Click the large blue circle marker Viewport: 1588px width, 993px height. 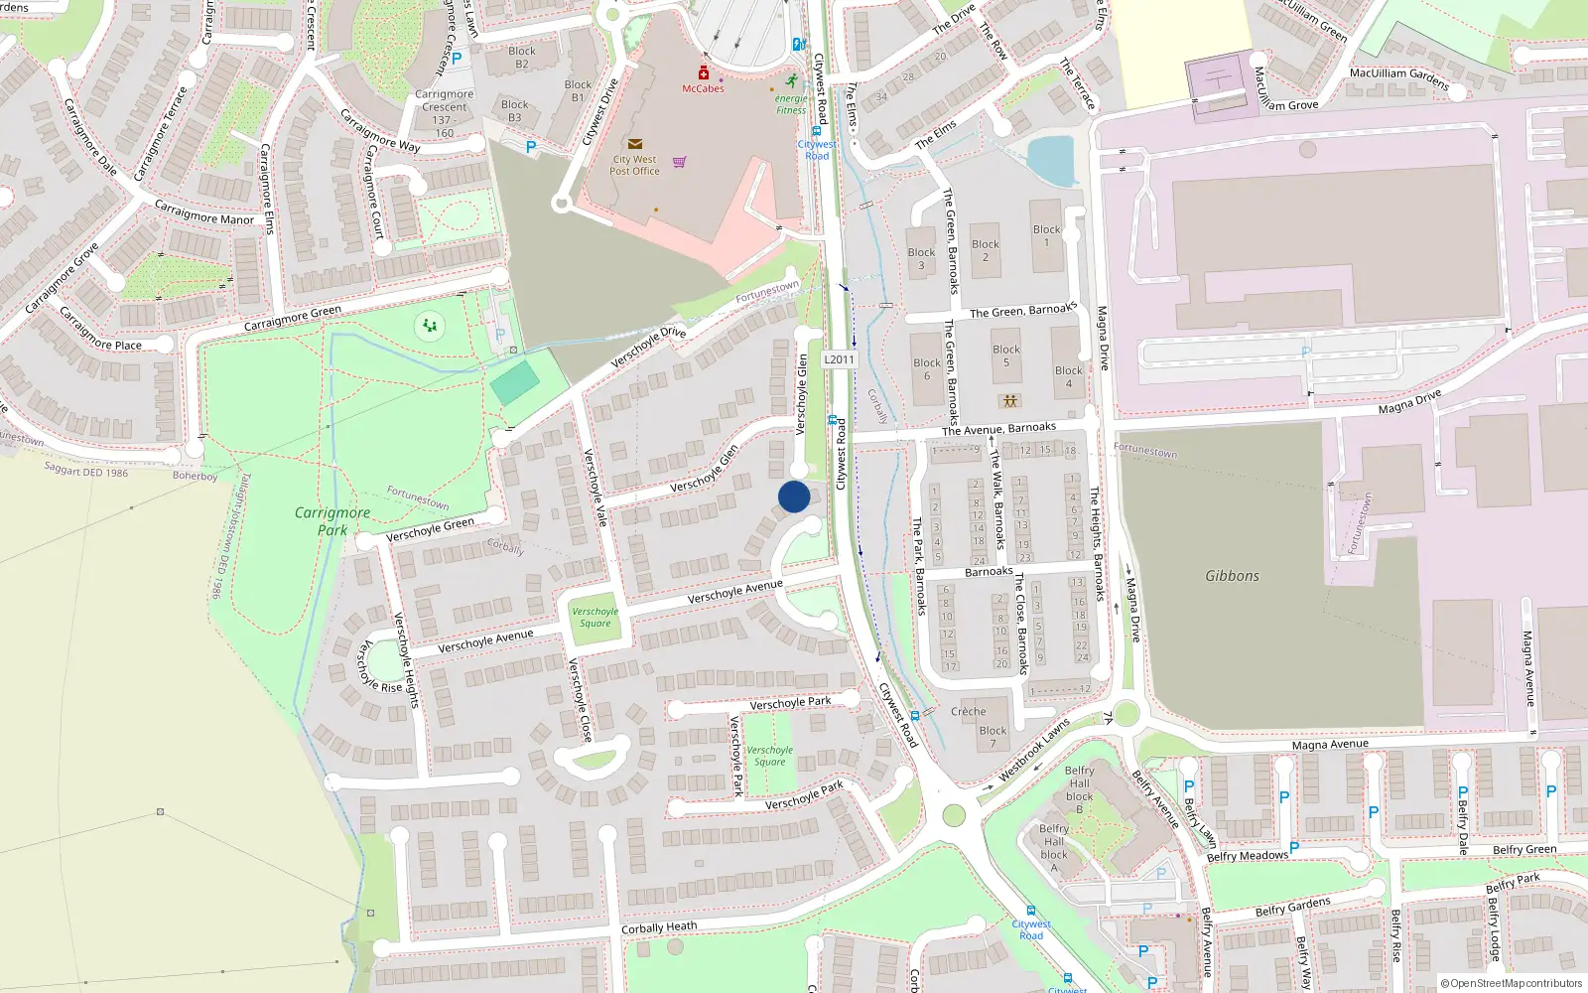pos(794,496)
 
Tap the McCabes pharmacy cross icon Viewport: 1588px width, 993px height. pos(703,73)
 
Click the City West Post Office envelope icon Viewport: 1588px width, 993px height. pos(635,145)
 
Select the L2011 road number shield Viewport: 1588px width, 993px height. pos(839,359)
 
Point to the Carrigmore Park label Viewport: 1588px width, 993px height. pos(332,520)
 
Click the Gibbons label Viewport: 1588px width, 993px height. pos(1232,576)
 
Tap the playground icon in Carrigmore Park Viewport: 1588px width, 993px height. pos(430,325)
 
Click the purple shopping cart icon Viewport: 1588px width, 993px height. pos(680,162)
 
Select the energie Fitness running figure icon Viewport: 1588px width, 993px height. pos(791,80)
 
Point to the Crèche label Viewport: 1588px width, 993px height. pos(969,711)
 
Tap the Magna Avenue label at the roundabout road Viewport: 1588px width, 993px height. pos(1330,745)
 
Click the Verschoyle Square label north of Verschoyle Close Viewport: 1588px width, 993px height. pos(595,618)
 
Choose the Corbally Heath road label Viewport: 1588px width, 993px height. pos(659,927)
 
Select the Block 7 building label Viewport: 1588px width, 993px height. pos(992,737)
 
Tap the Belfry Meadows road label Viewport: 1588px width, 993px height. pos(1247,856)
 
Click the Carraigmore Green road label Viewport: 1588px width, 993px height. pos(293,319)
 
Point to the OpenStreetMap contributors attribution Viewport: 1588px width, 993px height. pos(1512,983)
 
